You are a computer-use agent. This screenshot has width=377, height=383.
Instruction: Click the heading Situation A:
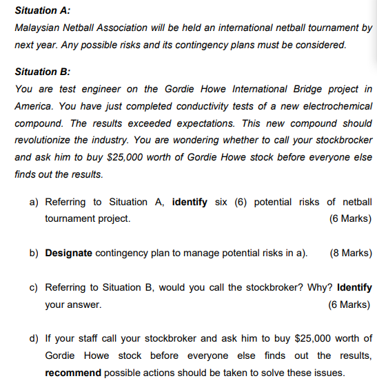[43, 11]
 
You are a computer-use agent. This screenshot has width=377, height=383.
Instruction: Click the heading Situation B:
[43, 72]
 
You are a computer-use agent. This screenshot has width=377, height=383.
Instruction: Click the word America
[34, 107]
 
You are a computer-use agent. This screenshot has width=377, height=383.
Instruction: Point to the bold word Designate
[68, 253]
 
